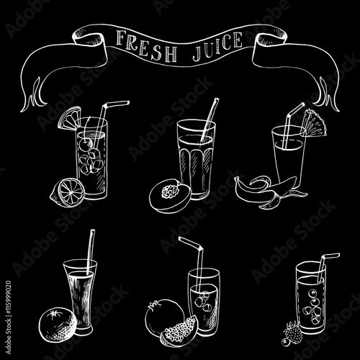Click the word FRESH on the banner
(146, 48)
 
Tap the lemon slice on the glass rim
(69, 118)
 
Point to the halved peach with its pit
(170, 197)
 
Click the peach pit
(170, 191)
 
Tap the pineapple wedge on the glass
(315, 124)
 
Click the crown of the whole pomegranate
(152, 306)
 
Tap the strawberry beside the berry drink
(293, 331)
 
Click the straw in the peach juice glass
(209, 120)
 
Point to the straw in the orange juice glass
(90, 252)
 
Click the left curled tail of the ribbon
(34, 96)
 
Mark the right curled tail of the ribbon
(326, 95)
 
